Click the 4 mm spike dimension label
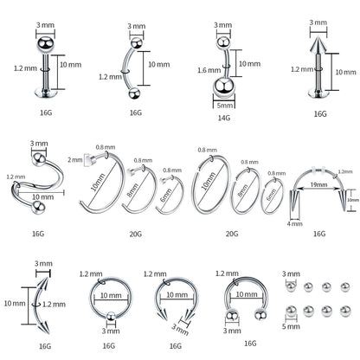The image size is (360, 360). tap(292, 224)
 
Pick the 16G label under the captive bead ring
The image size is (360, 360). tap(109, 346)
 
